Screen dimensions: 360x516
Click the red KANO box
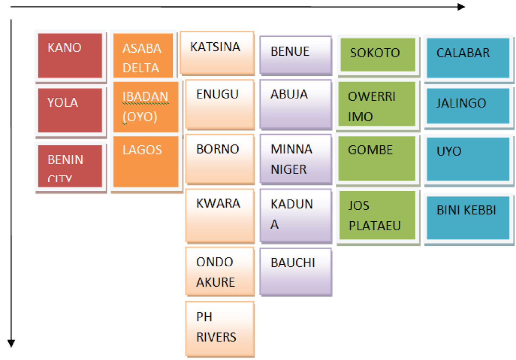70,55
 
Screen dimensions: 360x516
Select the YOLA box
70,110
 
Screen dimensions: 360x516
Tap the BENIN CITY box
70,166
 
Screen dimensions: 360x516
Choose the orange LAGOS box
146,161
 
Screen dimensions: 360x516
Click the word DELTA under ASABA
141,68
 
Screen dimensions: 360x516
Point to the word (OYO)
140,117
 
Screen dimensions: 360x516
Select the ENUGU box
219,104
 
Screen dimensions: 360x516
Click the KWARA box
219,215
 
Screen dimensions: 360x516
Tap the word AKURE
216,282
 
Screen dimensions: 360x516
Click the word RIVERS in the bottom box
216,337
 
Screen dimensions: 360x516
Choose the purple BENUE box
295,55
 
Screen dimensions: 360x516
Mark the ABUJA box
295,104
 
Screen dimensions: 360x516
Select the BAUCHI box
295,272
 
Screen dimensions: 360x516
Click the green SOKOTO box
377,55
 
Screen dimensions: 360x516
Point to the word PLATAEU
375,226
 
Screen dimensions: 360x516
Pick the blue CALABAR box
468,58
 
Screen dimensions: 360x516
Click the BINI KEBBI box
468,218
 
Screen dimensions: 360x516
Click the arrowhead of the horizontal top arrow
461,7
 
